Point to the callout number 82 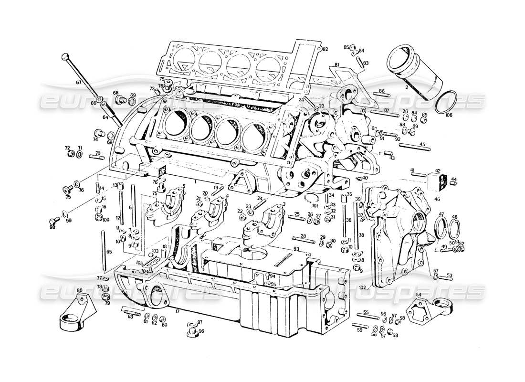(x=325, y=49)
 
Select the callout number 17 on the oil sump (x=177, y=311)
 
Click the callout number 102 (x=362, y=288)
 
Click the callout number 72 (x=67, y=148)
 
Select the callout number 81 (x=336, y=64)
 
